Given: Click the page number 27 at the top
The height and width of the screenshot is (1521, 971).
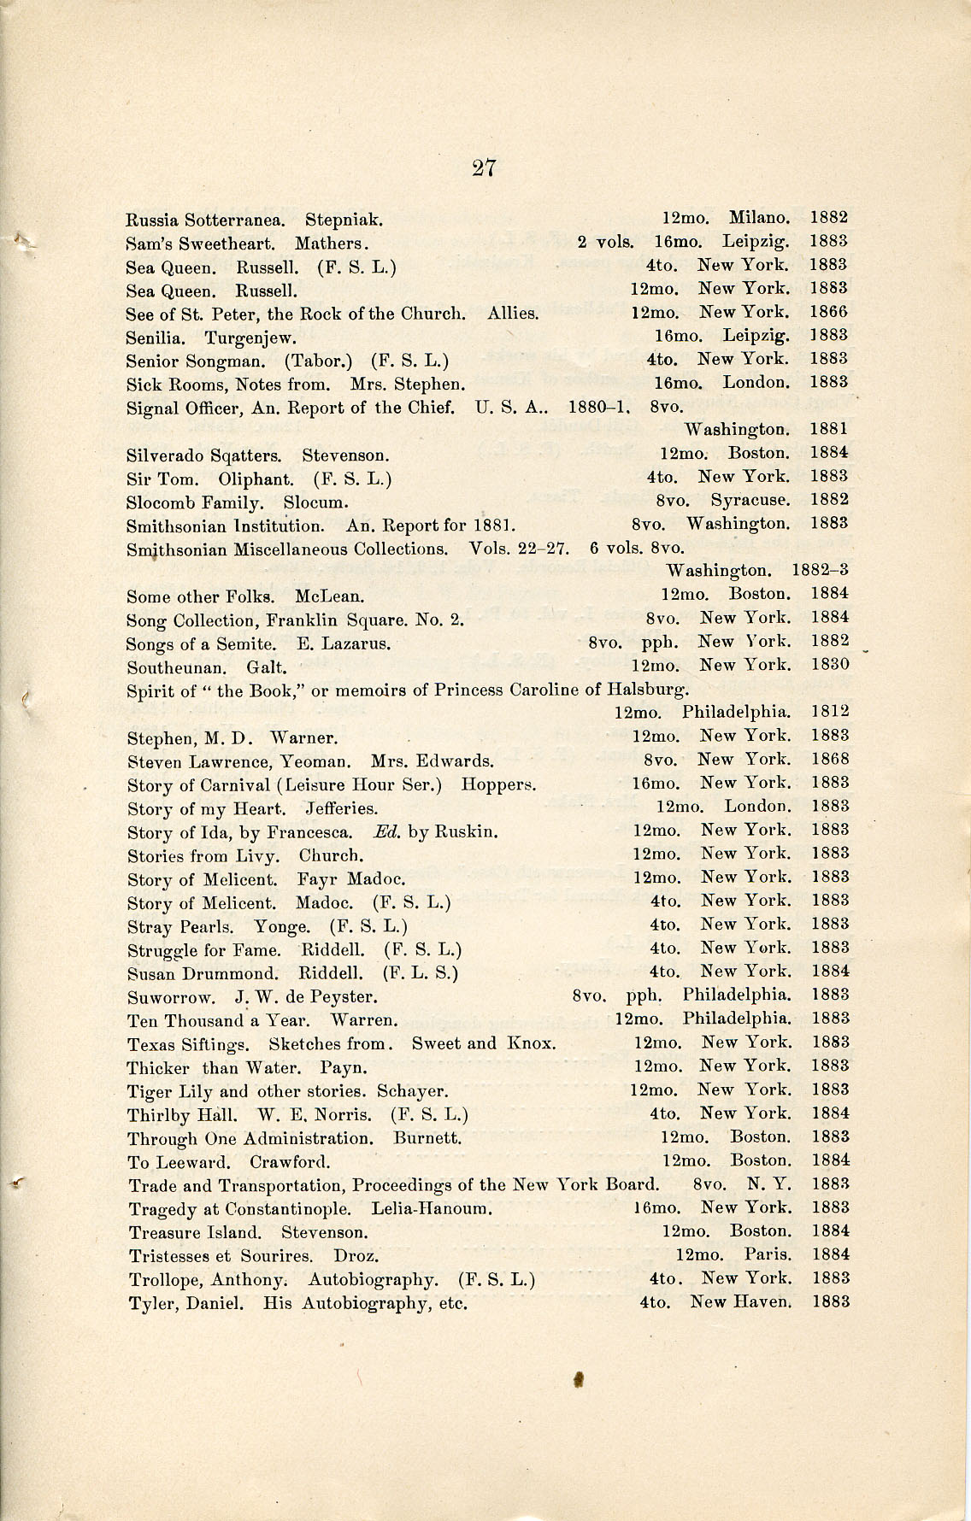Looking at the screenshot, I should coord(484,167).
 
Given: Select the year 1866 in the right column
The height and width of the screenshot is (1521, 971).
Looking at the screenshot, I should coord(828,313).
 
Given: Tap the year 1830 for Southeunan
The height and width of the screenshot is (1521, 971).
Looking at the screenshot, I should coord(828,664).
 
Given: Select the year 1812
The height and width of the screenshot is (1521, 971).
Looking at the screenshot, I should coord(828,711).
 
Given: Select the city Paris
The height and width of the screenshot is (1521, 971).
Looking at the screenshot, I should coord(768,1255).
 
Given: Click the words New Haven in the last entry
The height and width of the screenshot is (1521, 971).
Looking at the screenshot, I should coord(740,1302).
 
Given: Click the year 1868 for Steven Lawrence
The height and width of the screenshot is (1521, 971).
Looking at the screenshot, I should coord(828,759).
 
